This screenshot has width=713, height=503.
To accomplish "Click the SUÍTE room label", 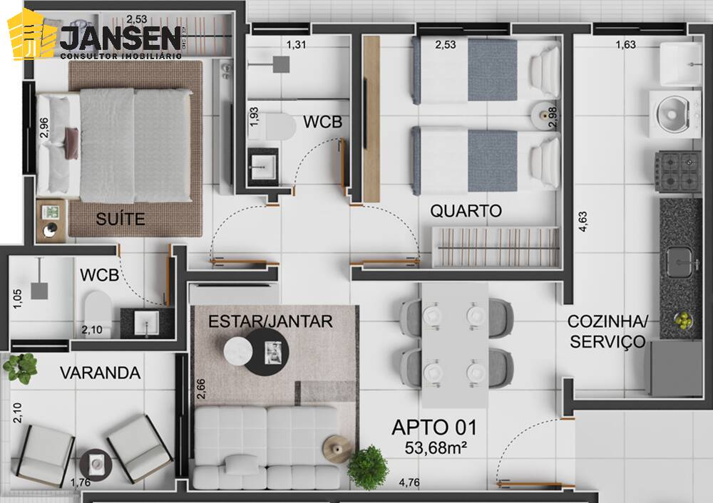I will [121, 219].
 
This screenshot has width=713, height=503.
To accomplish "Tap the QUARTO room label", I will [466, 211].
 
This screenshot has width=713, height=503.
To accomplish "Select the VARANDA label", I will [100, 373].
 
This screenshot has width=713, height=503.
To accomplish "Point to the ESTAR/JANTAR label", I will [270, 321].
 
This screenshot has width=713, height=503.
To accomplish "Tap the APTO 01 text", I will [434, 427].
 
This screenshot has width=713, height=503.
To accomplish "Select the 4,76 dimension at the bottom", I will [409, 482].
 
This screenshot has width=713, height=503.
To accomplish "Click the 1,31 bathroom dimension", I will [296, 46].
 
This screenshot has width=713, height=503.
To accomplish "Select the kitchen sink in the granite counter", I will [679, 260].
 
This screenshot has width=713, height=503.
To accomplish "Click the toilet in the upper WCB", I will [279, 128].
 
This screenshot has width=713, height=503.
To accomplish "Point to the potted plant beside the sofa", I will [368, 467].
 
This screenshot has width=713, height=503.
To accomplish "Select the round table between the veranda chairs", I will [96, 464].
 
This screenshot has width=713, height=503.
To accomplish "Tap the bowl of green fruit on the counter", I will [684, 321].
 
